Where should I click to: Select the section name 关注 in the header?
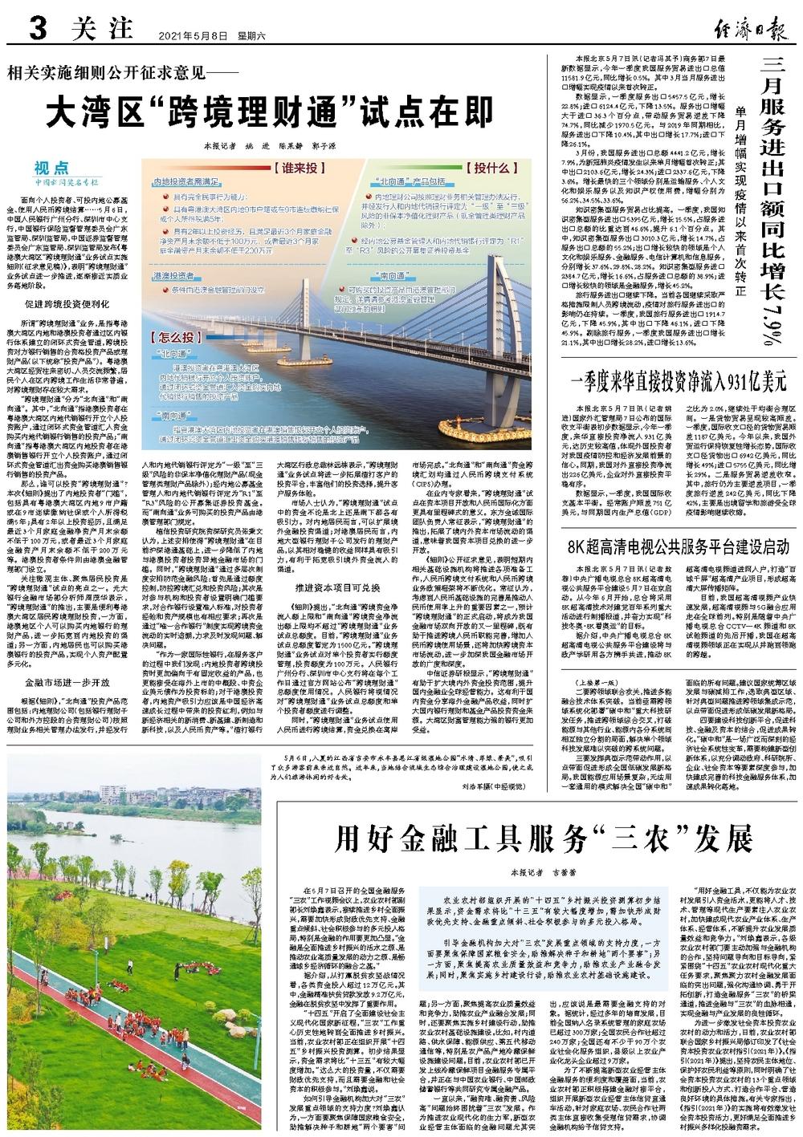tap(100, 30)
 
